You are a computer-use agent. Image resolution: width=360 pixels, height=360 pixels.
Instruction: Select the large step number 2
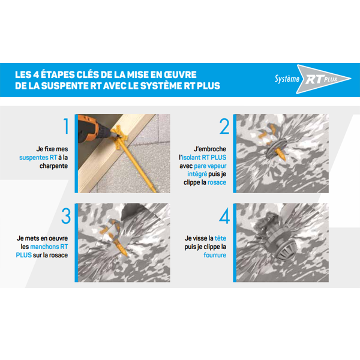point(224,127)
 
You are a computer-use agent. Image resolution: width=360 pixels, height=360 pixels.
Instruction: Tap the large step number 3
point(65,215)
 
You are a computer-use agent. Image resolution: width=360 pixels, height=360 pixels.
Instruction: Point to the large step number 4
point(224,215)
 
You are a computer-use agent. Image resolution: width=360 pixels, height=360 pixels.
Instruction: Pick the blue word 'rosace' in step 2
point(217,182)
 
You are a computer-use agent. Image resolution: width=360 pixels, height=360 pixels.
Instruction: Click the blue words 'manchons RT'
point(51,246)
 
